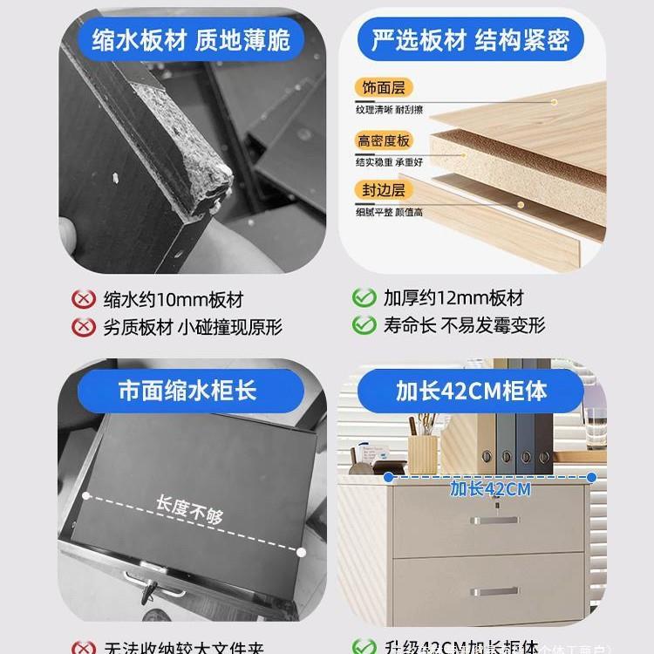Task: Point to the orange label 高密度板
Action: tap(383, 140)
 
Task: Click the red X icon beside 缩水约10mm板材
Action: tap(81, 299)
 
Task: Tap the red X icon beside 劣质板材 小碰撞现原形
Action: tap(81, 327)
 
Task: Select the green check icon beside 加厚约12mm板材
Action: tap(364, 298)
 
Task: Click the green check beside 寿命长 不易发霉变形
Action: tap(364, 325)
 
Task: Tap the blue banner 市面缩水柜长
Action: tap(187, 389)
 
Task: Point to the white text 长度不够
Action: tap(189, 511)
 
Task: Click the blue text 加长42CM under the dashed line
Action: tap(490, 489)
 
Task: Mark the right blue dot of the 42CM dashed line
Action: tap(592, 476)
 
